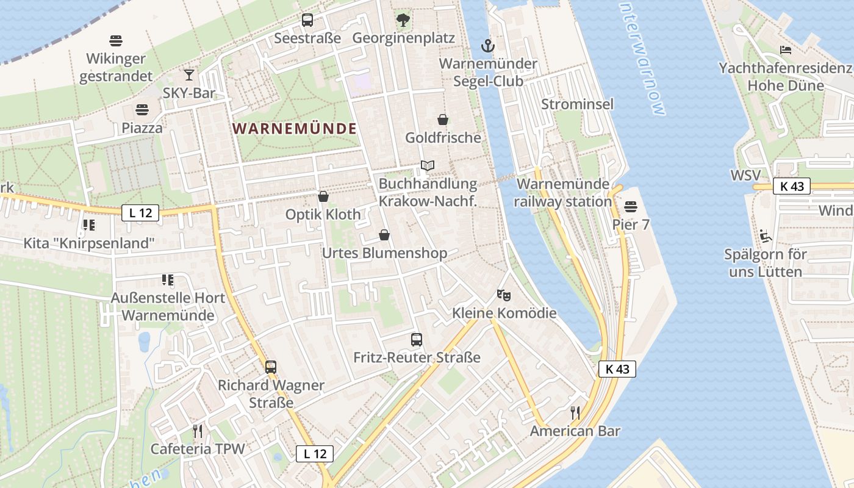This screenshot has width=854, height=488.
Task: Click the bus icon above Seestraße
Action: pyautogui.click(x=307, y=20)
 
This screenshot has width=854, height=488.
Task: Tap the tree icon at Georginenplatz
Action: pyautogui.click(x=403, y=20)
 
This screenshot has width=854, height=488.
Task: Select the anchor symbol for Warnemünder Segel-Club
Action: pyautogui.click(x=487, y=46)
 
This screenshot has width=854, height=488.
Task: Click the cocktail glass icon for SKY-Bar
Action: pyautogui.click(x=189, y=75)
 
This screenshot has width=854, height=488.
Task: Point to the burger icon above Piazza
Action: pyautogui.click(x=142, y=110)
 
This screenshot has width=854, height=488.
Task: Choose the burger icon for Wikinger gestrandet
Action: pyautogui.click(x=117, y=41)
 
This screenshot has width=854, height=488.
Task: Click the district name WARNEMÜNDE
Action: pyautogui.click(x=295, y=129)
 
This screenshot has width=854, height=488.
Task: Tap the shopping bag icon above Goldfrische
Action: pyautogui.click(x=443, y=120)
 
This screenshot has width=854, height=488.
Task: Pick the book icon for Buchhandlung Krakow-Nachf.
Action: pyautogui.click(x=428, y=166)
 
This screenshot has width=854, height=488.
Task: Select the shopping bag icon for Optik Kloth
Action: pyautogui.click(x=323, y=196)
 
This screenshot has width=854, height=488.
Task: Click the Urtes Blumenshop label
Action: pyautogui.click(x=384, y=253)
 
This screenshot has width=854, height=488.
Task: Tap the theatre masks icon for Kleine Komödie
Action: pyautogui.click(x=504, y=295)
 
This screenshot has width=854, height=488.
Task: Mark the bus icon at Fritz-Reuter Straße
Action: pyautogui.click(x=417, y=340)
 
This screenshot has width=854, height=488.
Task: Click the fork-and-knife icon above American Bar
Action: pyautogui.click(x=575, y=413)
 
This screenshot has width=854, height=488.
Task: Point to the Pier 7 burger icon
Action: pyautogui.click(x=631, y=207)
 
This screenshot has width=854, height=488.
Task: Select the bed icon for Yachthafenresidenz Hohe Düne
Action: pyautogui.click(x=786, y=50)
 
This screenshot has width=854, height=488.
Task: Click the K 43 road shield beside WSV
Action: pyautogui.click(x=792, y=186)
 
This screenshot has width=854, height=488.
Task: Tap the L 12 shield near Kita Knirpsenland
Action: pyautogui.click(x=140, y=213)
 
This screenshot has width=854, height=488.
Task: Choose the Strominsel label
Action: pyautogui.click(x=577, y=104)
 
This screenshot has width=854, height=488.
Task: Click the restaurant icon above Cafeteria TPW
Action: pyautogui.click(x=198, y=431)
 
